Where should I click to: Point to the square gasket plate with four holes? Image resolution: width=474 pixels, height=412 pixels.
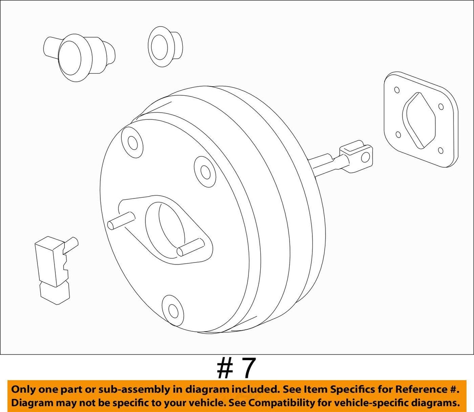pyautogui.click(x=421, y=119)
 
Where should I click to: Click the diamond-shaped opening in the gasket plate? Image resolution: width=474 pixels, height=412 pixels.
pyautogui.click(x=419, y=121)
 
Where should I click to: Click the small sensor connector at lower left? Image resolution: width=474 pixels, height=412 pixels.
pyautogui.click(x=56, y=269)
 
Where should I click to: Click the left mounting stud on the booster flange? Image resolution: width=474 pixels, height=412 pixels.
pyautogui.click(x=121, y=221)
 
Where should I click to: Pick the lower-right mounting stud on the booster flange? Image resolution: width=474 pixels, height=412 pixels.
pyautogui.click(x=190, y=247)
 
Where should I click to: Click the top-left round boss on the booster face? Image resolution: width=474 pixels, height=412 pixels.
pyautogui.click(x=132, y=142)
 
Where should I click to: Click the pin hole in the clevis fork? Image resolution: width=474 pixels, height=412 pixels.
pyautogui.click(x=365, y=157)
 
